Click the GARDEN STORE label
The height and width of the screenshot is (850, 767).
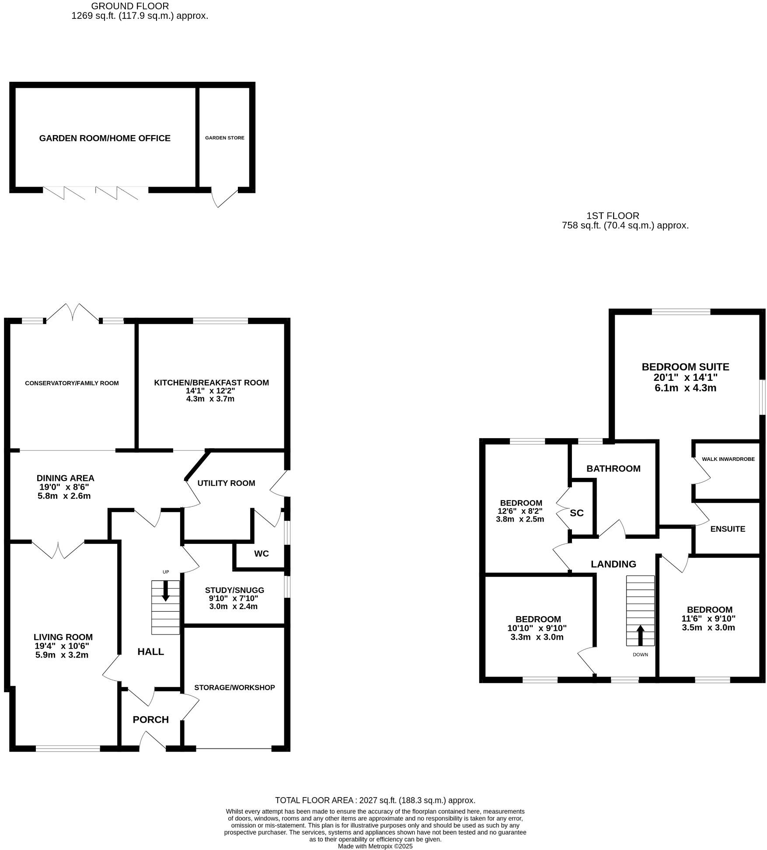[224, 138]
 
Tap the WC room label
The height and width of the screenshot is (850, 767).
[261, 554]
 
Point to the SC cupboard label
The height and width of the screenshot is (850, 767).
[576, 513]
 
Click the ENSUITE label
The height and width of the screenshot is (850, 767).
[727, 529]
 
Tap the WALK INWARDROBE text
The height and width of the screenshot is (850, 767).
[728, 459]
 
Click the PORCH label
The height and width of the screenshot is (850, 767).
[150, 719]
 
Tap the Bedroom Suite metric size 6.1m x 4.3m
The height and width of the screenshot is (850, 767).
[685, 388]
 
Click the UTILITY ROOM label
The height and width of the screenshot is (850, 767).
[226, 483]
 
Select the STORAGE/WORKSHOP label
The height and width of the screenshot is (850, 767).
[234, 687]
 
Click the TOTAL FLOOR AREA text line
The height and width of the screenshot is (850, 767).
[375, 800]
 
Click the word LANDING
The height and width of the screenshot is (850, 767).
[613, 564]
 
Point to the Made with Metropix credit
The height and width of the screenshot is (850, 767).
[375, 846]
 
